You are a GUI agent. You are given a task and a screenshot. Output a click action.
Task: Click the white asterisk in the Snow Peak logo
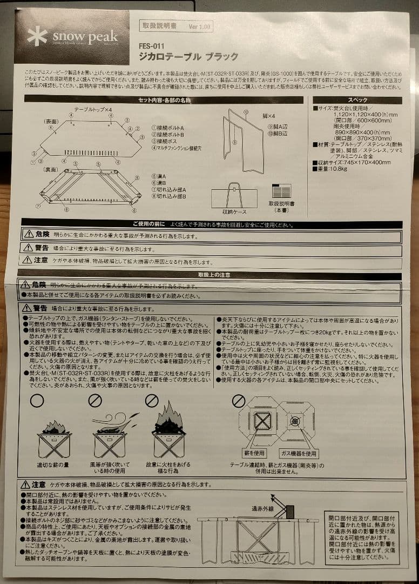click(37, 37)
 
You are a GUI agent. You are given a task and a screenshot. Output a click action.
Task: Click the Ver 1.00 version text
click(199, 26)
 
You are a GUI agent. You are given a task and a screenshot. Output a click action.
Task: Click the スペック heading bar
click(357, 100)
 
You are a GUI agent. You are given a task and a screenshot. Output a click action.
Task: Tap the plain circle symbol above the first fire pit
click(36, 401)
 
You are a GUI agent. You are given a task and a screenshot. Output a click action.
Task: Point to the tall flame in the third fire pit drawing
click(166, 415)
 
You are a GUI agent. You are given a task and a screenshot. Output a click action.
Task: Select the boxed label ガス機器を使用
click(298, 453)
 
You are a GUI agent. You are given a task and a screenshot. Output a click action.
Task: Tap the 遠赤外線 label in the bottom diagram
click(262, 508)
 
